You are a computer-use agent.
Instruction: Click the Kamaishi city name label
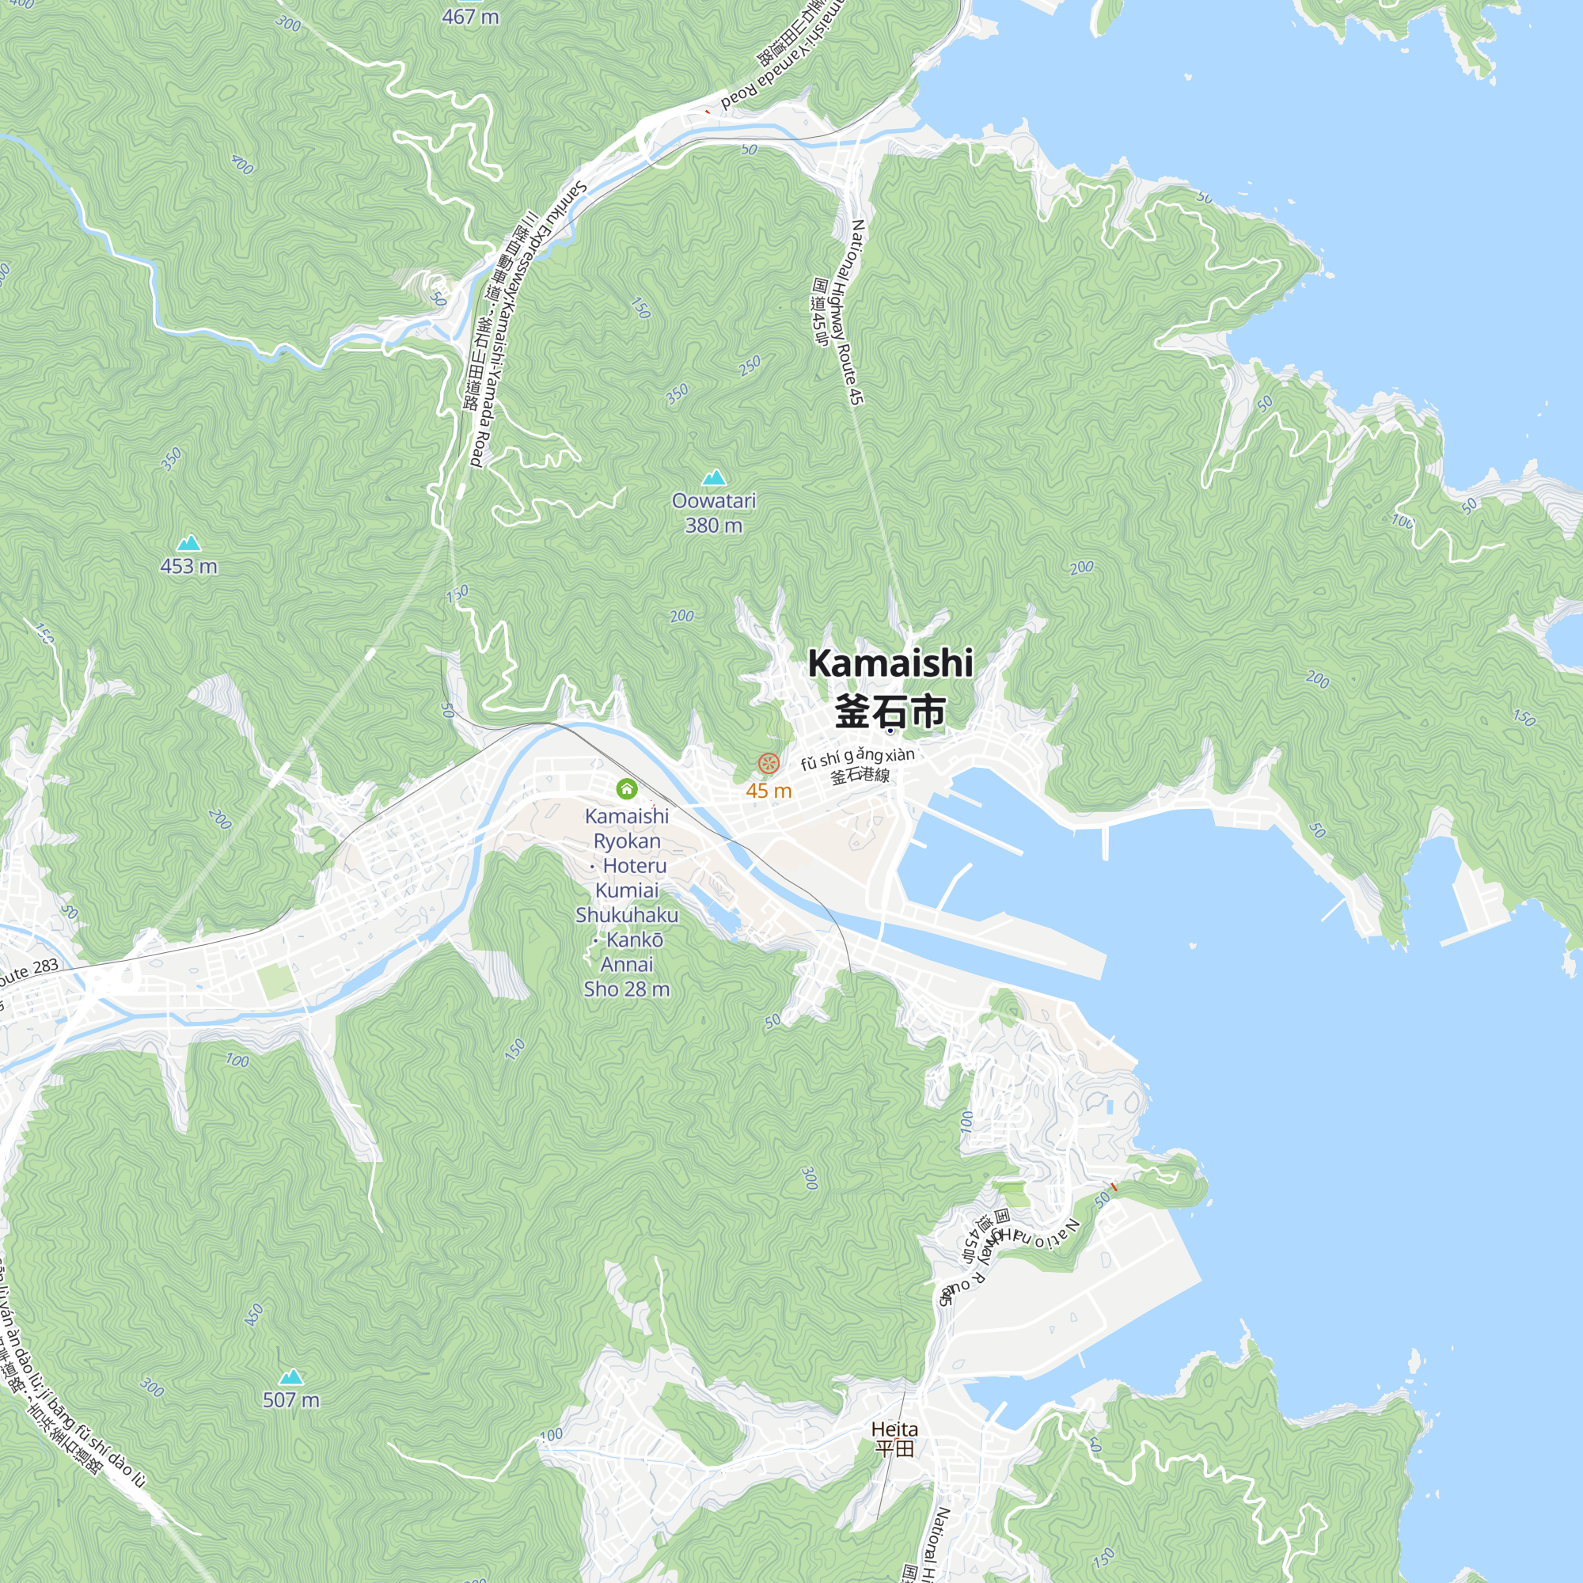tap(890, 662)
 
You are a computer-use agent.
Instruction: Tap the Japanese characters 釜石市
tap(890, 711)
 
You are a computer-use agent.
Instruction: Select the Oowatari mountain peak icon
tap(714, 478)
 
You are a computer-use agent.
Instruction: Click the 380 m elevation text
tap(713, 526)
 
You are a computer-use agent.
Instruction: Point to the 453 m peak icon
tap(188, 543)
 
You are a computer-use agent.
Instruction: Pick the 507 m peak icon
tap(290, 1376)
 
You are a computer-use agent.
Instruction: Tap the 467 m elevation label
tap(469, 17)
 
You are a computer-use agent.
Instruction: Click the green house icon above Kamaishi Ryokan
tap(627, 788)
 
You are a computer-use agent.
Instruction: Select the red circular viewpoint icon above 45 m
tap(768, 764)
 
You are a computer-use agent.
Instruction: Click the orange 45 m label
tap(768, 791)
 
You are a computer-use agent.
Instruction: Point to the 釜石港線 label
tap(860, 775)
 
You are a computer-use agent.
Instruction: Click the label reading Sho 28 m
tap(626, 989)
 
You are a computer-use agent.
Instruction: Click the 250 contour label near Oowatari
tap(749, 366)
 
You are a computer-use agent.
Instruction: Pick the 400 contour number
tap(242, 165)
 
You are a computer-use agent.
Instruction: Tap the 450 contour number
tap(254, 1314)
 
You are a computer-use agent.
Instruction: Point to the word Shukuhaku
tap(626, 915)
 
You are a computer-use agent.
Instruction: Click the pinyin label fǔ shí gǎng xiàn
tap(857, 758)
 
